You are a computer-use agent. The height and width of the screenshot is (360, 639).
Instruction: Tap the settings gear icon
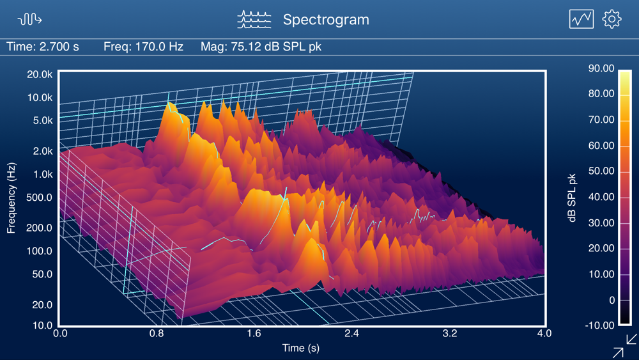pos(612,19)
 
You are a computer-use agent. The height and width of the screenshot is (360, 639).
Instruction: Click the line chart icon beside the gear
pos(581,19)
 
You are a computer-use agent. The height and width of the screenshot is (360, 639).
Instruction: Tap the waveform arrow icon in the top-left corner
pos(29,19)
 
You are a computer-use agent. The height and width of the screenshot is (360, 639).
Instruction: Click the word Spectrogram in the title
pos(326,20)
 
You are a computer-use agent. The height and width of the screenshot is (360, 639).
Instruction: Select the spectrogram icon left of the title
pos(254,19)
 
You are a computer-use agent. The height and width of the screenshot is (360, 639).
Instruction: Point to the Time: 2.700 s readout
pos(43,47)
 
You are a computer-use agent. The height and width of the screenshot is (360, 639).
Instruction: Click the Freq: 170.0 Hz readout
pos(143,47)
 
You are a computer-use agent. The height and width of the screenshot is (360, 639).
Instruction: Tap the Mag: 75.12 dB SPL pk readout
pos(261,47)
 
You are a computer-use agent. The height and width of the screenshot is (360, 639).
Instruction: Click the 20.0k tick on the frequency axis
pos(40,74)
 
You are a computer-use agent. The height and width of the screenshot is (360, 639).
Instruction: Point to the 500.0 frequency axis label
pos(40,198)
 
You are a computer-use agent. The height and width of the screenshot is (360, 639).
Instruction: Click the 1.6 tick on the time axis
pos(254,333)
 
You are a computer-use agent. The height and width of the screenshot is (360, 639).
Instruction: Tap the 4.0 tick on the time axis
pos(544,333)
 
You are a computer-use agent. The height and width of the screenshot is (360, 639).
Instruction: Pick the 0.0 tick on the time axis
pos(61,333)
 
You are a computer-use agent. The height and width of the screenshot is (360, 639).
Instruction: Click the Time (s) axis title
pos(301,348)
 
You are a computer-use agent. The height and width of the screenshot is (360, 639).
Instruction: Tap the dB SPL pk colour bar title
pos(572,198)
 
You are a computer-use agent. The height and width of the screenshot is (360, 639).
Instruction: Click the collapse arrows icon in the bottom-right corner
pos(624,345)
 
